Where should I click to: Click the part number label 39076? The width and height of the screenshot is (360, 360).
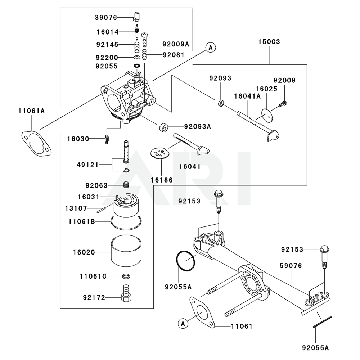(x=106, y=17)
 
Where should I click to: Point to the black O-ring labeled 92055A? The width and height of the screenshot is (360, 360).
(x=186, y=261)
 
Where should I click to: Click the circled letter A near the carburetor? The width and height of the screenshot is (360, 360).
(x=211, y=48)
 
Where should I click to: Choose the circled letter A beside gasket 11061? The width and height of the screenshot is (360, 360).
(x=183, y=324)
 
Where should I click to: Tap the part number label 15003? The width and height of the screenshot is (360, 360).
(x=269, y=41)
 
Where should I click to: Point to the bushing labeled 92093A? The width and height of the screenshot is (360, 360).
(x=163, y=127)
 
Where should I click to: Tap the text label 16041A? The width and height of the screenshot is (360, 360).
(x=247, y=96)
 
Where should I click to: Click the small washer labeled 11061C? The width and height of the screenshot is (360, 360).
(x=126, y=276)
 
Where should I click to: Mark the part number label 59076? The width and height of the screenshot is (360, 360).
(x=291, y=266)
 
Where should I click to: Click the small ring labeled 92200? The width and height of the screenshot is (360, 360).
(x=137, y=57)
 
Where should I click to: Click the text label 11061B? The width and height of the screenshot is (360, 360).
(x=82, y=221)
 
